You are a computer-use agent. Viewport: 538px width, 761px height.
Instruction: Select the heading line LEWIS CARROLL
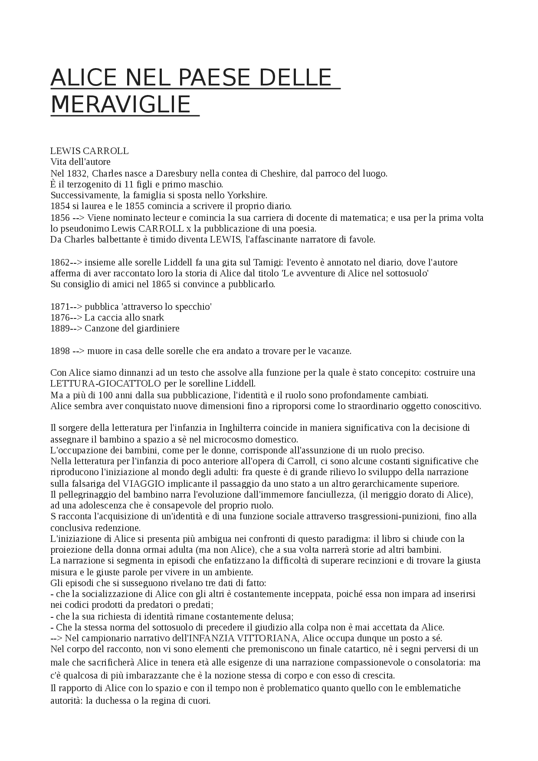click(x=89, y=151)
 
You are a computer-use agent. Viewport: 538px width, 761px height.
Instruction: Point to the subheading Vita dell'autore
click(x=81, y=162)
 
